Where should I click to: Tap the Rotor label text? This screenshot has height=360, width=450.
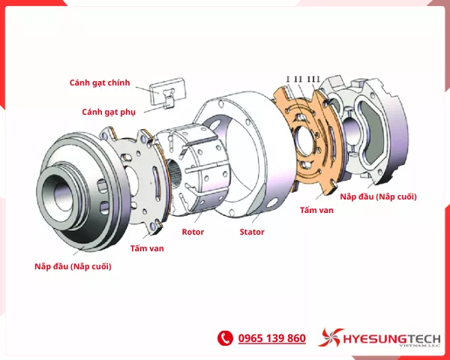click(x=193, y=232)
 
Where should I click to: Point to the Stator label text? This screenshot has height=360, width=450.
click(x=252, y=232)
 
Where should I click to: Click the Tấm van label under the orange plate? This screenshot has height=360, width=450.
click(x=316, y=210)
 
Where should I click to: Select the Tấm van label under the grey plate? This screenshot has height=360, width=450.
click(x=147, y=247)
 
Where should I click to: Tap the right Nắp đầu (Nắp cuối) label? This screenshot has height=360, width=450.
click(x=378, y=196)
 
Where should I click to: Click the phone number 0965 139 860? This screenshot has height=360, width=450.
click(x=271, y=338)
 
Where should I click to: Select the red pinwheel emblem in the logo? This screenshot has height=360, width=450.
click(x=330, y=338)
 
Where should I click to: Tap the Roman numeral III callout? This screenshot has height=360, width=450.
click(x=314, y=79)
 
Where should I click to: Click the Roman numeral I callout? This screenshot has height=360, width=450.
click(x=287, y=79)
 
